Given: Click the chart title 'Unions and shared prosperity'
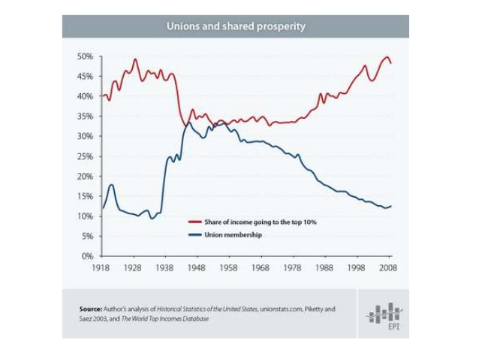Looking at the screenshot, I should [x=236, y=26].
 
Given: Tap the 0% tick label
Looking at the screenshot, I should [x=87, y=256].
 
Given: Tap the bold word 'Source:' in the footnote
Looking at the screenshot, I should [x=91, y=309].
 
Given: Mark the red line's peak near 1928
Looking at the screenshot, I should [x=135, y=59].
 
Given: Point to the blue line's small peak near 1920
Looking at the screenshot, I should [x=111, y=185].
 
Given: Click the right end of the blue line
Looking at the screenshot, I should [x=391, y=206].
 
